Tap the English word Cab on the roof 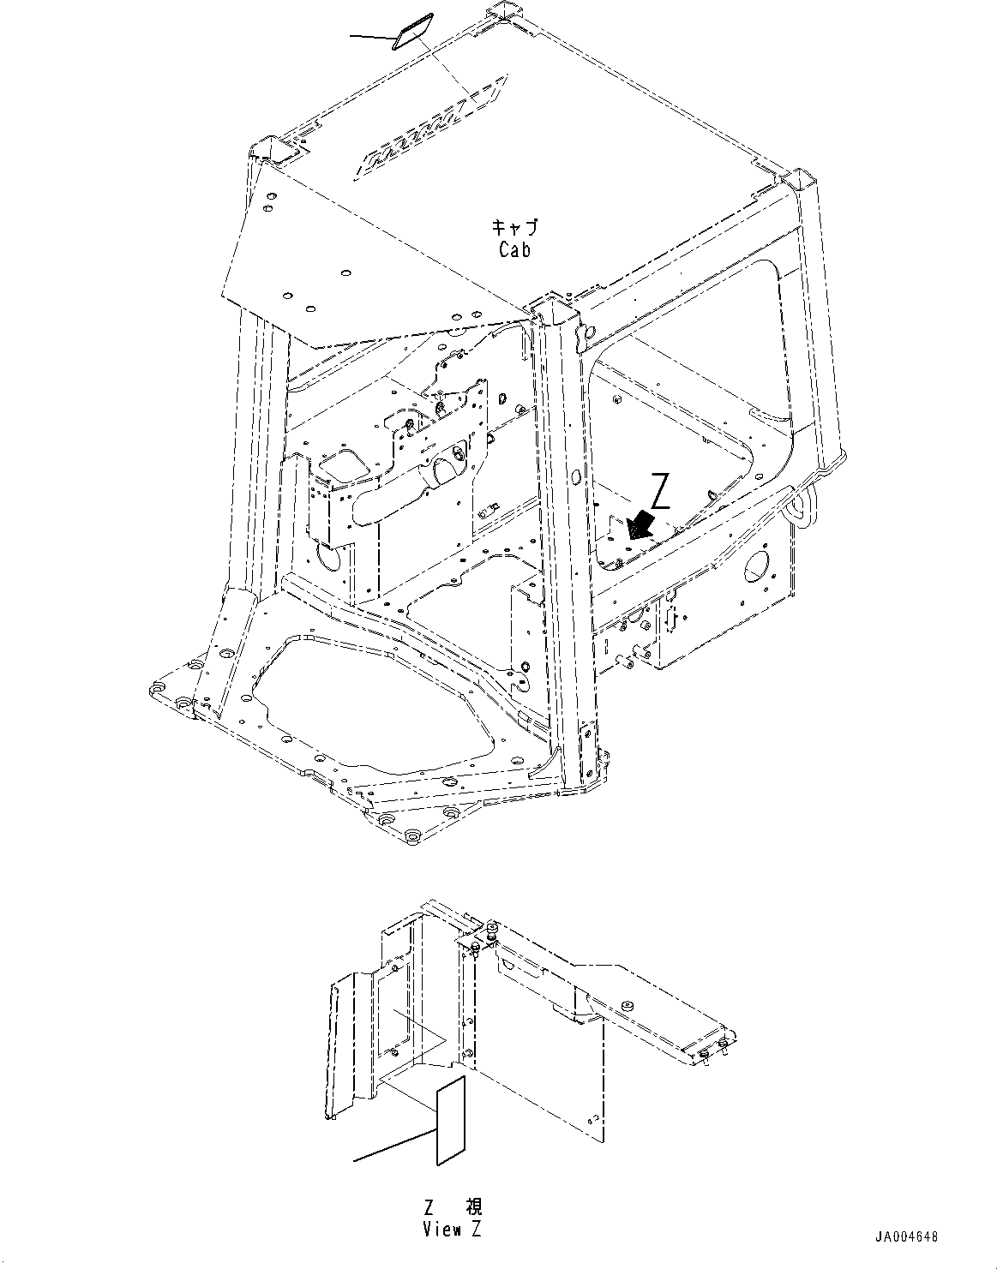point(514,249)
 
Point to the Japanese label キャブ point(514,228)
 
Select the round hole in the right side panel point(757,569)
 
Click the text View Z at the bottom point(452,1229)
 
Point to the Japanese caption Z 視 point(453,1207)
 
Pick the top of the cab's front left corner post point(268,151)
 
